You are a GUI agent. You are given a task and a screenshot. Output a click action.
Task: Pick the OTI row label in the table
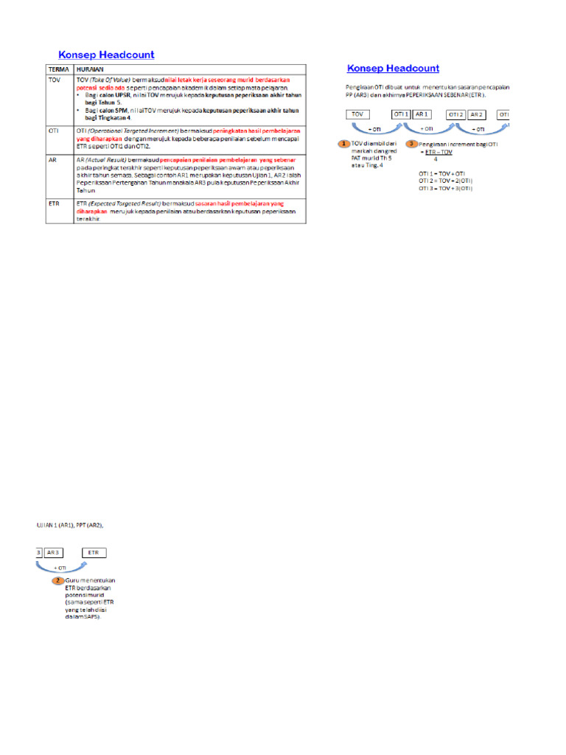pos(53,130)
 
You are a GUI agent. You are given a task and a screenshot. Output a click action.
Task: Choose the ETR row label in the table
pos(53,202)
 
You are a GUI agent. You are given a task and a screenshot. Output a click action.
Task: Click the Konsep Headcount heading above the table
pos(106,54)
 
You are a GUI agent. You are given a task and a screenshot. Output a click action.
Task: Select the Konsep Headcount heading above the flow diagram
pos(393,69)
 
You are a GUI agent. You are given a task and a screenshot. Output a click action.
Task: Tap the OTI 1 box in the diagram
pos(400,114)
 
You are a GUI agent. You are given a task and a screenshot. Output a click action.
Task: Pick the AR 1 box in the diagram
pos(422,114)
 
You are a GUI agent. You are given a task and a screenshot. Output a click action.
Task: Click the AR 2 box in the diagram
pos(477,114)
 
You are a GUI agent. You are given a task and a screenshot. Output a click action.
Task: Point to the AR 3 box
pos(54,552)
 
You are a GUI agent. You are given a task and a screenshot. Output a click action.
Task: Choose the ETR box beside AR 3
pos(93,552)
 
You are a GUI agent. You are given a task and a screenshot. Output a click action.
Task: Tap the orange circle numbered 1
pos(343,143)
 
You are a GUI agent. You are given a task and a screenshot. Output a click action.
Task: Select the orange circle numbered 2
pos(57,580)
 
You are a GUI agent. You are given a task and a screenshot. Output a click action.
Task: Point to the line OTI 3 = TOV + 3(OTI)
pos(445,188)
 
